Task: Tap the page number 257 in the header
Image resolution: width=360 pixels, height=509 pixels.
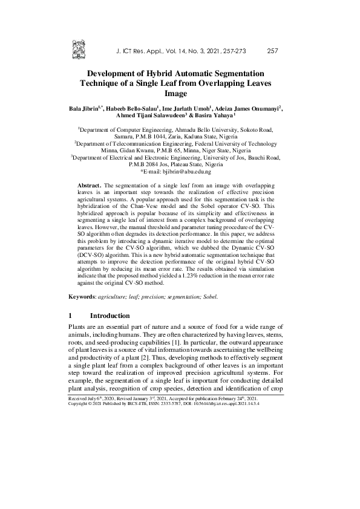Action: point(272,51)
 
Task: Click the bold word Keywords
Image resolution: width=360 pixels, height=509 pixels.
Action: point(82,297)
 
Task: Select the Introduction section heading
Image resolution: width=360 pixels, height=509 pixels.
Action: point(110,316)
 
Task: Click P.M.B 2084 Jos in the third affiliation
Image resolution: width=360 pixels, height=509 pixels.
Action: point(151,165)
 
